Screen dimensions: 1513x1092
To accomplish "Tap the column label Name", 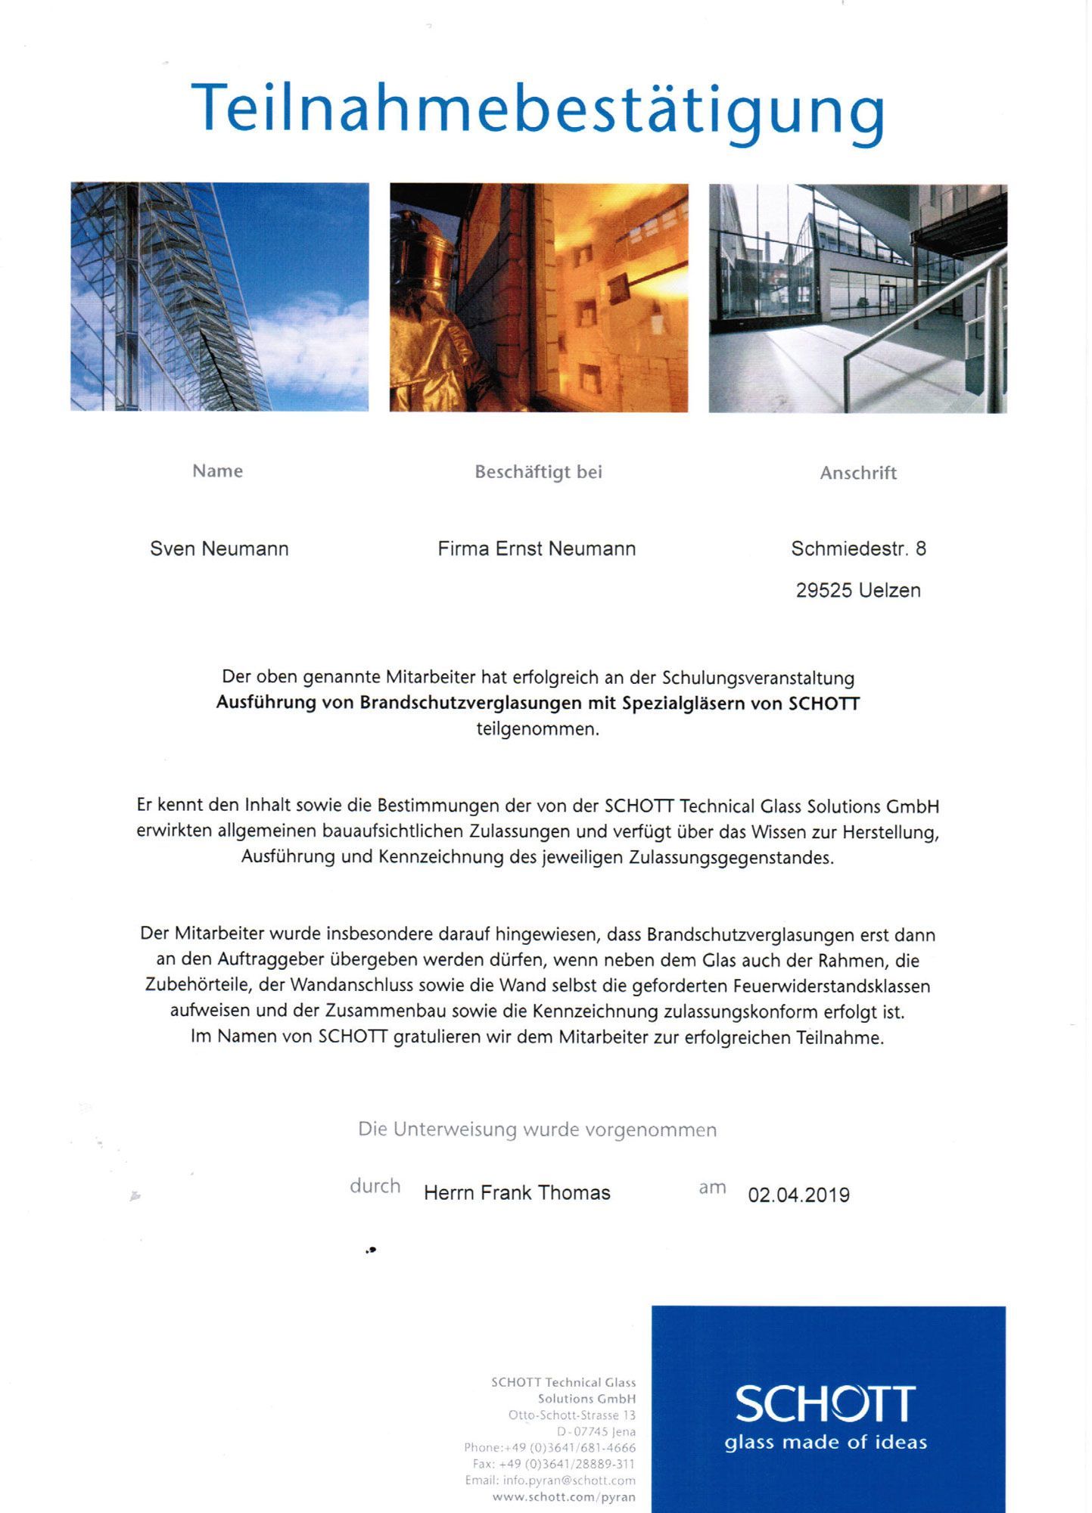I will pos(217,471).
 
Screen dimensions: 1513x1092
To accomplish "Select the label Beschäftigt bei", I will pos(538,472).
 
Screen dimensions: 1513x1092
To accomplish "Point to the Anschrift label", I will pos(858,473).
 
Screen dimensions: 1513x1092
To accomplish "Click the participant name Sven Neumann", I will pos(219,548).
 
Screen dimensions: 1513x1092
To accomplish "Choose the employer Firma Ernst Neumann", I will pos(537,548).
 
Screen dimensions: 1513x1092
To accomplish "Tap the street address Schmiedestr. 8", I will pos(858,548).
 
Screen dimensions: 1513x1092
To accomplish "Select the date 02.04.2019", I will pos(798,1195).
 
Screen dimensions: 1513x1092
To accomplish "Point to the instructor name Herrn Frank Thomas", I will pos(517,1193).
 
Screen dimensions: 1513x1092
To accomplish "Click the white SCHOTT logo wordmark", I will pos(825,1404).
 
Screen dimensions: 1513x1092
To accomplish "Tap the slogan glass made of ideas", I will pos(826,1443).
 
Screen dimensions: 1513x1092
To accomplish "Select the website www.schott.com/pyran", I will pos(564,1497).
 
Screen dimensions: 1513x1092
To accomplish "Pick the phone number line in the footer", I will pos(550,1447).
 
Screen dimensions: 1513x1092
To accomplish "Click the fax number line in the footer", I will pos(554,1464).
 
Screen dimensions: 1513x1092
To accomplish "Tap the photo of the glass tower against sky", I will pos(219,297).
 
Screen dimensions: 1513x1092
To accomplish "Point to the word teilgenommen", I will pos(537,729).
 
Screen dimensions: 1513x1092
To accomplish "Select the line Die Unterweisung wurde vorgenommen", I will pos(537,1129).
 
